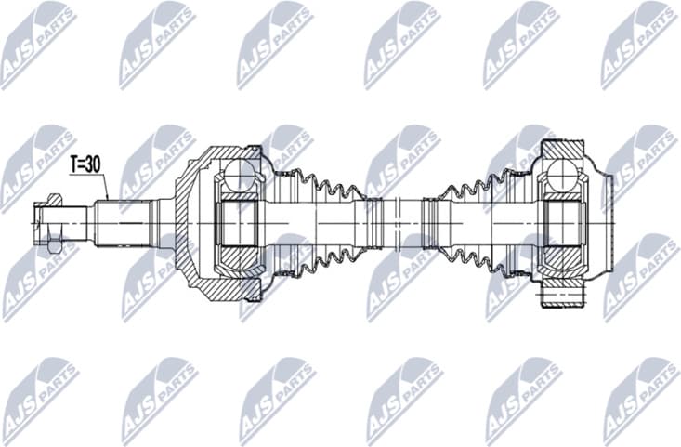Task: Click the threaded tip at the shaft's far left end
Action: [36, 224]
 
